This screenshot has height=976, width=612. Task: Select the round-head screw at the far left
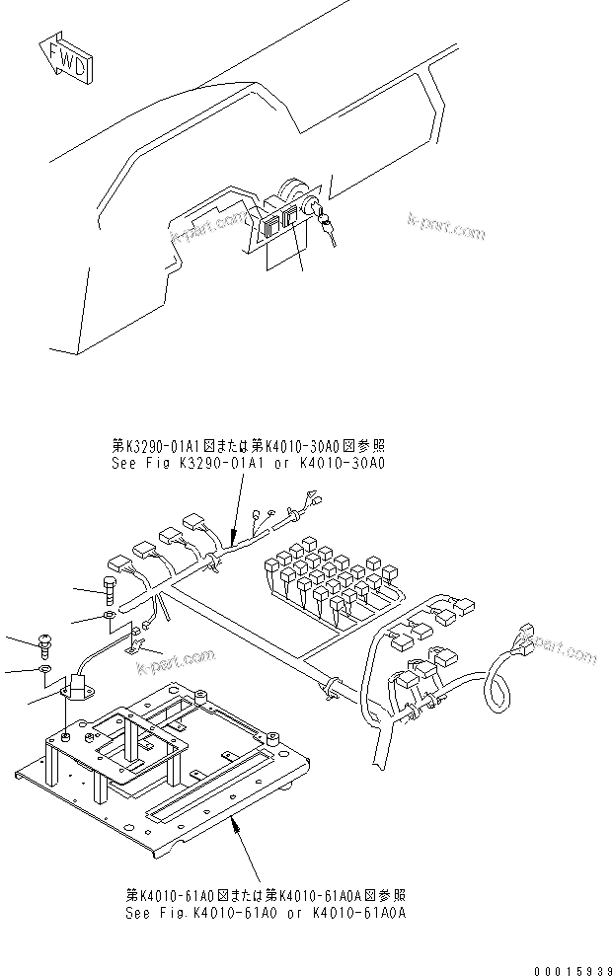click(x=45, y=641)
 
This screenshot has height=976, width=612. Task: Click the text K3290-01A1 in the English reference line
click(x=197, y=462)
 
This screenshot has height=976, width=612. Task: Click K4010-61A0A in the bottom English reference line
click(x=365, y=913)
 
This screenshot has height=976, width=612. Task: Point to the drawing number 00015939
click(x=564, y=960)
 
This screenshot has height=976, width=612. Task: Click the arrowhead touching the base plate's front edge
click(x=234, y=818)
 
